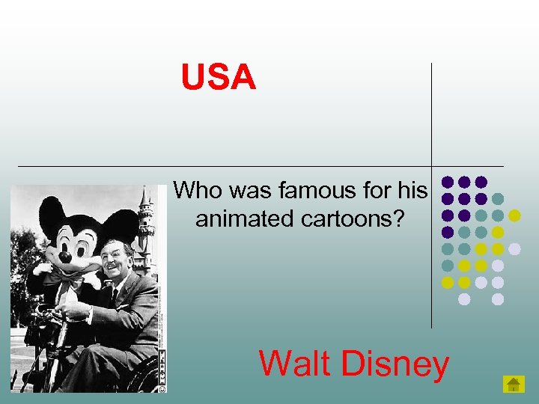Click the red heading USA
[219, 78]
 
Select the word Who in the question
[198, 192]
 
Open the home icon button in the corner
[513, 385]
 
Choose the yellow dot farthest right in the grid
[514, 215]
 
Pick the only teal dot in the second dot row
[498, 199]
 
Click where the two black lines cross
[431, 166]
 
